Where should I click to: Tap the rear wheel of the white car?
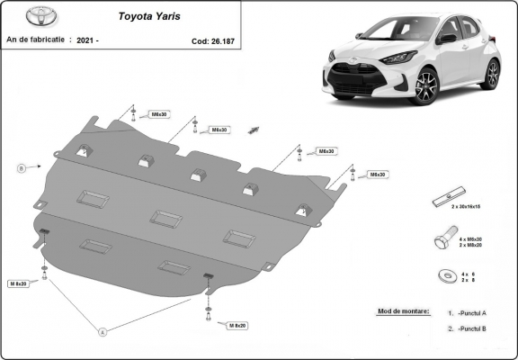click(490, 73)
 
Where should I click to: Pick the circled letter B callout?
click(20, 166)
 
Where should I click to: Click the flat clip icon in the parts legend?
click(447, 198)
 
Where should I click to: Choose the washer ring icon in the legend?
click(446, 276)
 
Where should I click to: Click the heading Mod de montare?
click(398, 311)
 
